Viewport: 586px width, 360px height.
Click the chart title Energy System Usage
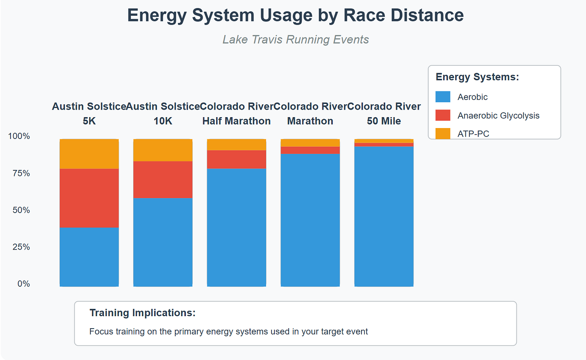point(295,15)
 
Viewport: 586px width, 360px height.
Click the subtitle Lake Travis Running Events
point(295,39)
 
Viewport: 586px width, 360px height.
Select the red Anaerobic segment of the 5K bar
point(89,198)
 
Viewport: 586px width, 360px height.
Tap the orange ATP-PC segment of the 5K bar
point(89,154)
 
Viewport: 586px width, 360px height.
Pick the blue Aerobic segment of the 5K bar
point(89,257)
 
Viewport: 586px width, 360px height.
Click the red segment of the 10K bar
point(163,180)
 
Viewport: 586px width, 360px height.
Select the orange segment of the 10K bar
point(163,150)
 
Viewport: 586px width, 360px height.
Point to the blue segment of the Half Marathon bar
point(236,228)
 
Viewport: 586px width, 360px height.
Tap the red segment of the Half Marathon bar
point(236,159)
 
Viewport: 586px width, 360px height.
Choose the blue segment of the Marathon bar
point(310,220)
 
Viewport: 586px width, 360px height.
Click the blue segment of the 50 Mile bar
point(384,216)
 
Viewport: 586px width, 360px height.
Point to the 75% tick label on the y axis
point(21,173)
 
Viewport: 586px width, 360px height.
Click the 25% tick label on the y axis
point(21,247)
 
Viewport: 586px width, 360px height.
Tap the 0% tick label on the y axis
point(23,284)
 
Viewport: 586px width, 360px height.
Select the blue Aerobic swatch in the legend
point(443,97)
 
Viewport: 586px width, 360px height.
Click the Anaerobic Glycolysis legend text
point(498,116)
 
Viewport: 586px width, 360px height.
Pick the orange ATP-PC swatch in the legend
point(443,133)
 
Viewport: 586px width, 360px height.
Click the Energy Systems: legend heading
point(477,77)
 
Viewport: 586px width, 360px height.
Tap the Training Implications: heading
point(142,313)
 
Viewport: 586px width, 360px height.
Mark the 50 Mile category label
point(384,121)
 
